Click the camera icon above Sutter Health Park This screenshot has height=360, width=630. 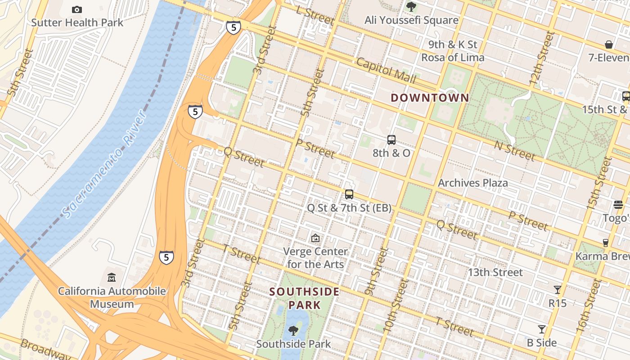click(77, 9)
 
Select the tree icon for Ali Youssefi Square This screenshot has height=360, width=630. click(411, 6)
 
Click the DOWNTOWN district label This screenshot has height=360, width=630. click(430, 98)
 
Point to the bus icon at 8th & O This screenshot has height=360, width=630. click(391, 140)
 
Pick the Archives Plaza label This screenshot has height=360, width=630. click(472, 183)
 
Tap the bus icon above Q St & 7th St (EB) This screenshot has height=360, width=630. click(349, 194)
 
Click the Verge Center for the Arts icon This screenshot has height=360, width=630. click(315, 238)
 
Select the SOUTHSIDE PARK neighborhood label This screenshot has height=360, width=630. click(305, 298)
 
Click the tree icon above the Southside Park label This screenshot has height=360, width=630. click(293, 331)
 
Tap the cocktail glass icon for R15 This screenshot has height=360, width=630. click(558, 289)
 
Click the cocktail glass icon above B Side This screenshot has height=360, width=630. click(542, 329)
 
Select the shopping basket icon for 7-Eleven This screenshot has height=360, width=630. click(609, 45)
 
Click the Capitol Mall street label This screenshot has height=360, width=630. click(386, 70)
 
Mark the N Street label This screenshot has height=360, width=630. click(514, 150)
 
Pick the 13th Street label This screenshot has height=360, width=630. click(495, 272)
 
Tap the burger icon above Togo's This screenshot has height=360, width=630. click(618, 205)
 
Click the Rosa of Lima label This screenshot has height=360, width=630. click(453, 58)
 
